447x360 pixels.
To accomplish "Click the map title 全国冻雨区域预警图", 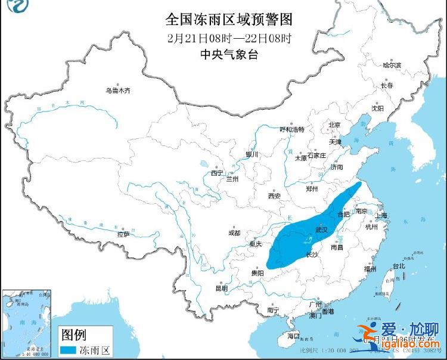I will (229, 20).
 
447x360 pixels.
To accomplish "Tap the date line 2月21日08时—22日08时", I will (229, 38).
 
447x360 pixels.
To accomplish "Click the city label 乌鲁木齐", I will (118, 91).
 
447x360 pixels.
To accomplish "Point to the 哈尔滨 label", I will (392, 64).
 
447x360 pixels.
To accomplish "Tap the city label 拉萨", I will (123, 235).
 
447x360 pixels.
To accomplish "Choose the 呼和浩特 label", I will (292, 129).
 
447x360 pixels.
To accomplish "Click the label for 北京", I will (334, 125).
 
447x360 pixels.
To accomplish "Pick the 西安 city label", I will (274, 195).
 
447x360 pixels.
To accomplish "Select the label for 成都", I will (234, 232).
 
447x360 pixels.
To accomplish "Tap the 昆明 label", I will (221, 288).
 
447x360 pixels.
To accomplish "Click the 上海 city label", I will (381, 215).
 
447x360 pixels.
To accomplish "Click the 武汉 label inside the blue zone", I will (321, 229).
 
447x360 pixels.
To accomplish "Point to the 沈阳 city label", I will (378, 108).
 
